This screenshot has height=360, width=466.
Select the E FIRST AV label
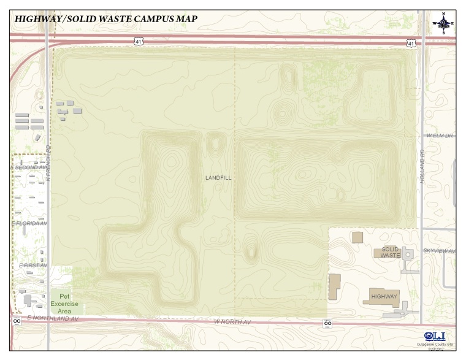coord(32,265)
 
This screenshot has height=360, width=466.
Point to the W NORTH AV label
coord(232,321)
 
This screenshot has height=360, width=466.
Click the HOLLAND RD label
coord(422,160)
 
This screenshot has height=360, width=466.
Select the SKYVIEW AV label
coord(439,251)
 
